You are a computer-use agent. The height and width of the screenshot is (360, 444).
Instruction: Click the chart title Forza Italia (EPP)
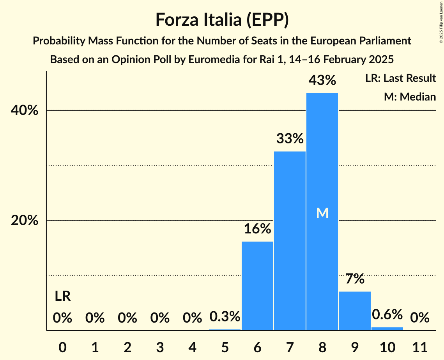[222, 20]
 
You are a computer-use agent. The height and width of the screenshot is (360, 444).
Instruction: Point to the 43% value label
[322, 81]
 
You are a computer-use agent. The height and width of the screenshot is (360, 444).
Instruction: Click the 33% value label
[290, 138]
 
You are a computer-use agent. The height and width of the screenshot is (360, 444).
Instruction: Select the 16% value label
[257, 229]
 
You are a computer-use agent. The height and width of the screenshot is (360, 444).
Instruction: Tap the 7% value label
[355, 279]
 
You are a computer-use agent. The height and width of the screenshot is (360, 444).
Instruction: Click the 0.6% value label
[387, 314]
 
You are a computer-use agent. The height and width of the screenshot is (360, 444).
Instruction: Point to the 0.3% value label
[225, 317]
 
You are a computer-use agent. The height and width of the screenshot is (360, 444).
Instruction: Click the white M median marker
[322, 213]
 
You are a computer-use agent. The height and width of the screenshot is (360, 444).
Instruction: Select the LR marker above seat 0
[62, 296]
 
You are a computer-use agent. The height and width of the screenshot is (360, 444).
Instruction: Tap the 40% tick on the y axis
[25, 111]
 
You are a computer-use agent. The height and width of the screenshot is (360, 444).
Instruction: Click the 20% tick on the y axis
[25, 221]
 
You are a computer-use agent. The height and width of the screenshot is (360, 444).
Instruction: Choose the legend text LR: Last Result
[400, 78]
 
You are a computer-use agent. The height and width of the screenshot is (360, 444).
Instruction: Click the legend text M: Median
[410, 97]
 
